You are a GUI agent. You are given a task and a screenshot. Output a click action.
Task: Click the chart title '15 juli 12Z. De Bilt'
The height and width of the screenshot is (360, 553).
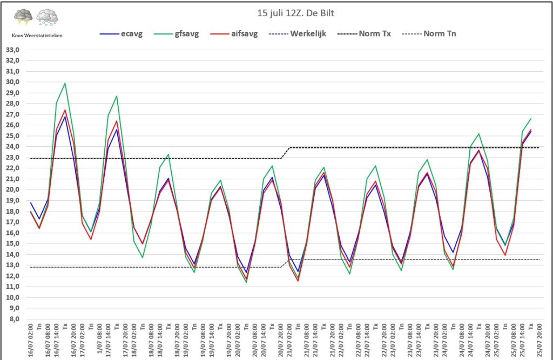tap(295, 13)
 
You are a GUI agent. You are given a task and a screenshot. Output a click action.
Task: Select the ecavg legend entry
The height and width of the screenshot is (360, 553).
tap(121, 34)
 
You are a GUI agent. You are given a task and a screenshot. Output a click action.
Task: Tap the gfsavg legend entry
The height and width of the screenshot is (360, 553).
tap(177, 34)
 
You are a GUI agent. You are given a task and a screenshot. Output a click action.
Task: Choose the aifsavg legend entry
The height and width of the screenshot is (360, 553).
tap(234, 34)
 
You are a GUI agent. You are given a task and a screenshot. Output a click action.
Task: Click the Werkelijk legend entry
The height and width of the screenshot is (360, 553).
tap(298, 34)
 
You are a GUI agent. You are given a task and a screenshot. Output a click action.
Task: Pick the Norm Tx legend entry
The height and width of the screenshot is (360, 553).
tap(364, 34)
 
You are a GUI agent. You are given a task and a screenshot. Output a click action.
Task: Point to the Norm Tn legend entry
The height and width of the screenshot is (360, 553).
tap(429, 34)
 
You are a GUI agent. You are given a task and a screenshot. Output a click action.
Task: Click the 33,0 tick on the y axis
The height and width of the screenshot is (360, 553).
tap(12, 50)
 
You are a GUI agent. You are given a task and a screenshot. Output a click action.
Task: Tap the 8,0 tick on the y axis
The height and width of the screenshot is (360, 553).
tap(14, 319)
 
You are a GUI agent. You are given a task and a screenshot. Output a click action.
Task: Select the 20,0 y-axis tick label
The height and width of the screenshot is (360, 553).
tap(12, 189)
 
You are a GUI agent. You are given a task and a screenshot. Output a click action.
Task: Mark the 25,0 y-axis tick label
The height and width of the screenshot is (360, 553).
tap(12, 136)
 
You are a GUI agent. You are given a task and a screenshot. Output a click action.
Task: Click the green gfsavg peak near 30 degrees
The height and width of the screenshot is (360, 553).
tap(65, 83)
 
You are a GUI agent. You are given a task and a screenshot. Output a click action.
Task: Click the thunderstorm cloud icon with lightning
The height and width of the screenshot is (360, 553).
tap(23, 17)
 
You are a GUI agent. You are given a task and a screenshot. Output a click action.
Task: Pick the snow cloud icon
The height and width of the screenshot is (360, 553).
tap(48, 17)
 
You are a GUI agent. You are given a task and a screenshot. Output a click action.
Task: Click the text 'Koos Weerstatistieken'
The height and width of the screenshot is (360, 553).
tap(37, 36)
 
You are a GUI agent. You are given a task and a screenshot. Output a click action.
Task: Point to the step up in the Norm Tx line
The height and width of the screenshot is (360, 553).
tap(285, 153)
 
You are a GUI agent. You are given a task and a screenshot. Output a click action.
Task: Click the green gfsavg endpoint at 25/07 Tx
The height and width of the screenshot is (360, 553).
tap(531, 119)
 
